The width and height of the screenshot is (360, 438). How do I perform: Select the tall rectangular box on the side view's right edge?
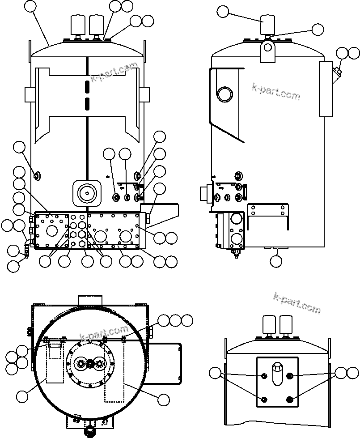[x=326, y=89]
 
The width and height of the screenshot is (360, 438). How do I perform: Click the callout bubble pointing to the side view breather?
[x=223, y=12]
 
